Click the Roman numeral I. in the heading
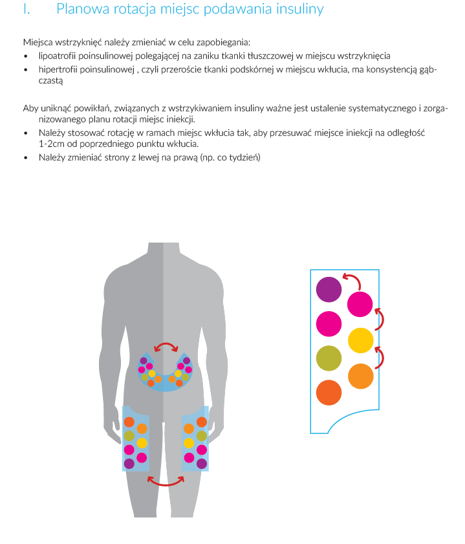click(x=27, y=9)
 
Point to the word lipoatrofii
click(x=57, y=56)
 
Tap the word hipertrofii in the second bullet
click(x=58, y=69)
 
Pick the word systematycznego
click(x=382, y=109)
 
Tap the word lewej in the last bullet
click(x=148, y=158)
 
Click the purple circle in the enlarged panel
click(x=329, y=289)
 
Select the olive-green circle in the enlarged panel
click(x=329, y=358)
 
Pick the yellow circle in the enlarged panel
click(x=361, y=340)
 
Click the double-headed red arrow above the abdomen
click(x=166, y=343)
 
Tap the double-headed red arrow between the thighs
click(x=166, y=484)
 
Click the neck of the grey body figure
click(x=164, y=252)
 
